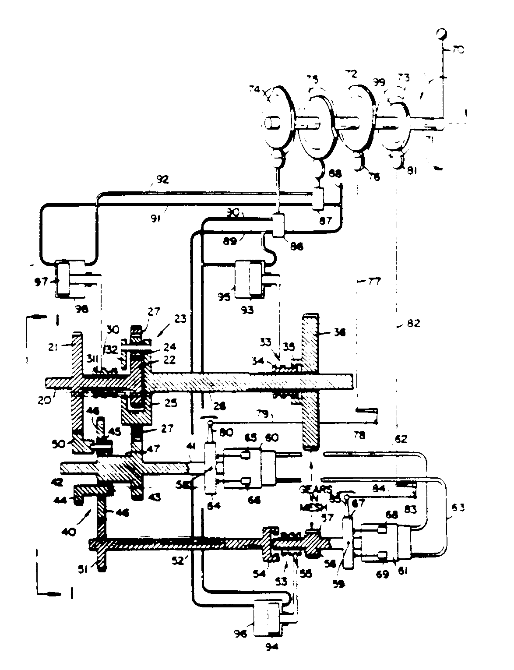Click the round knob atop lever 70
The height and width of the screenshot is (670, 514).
point(442,34)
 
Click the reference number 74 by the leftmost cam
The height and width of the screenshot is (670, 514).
point(254,88)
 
